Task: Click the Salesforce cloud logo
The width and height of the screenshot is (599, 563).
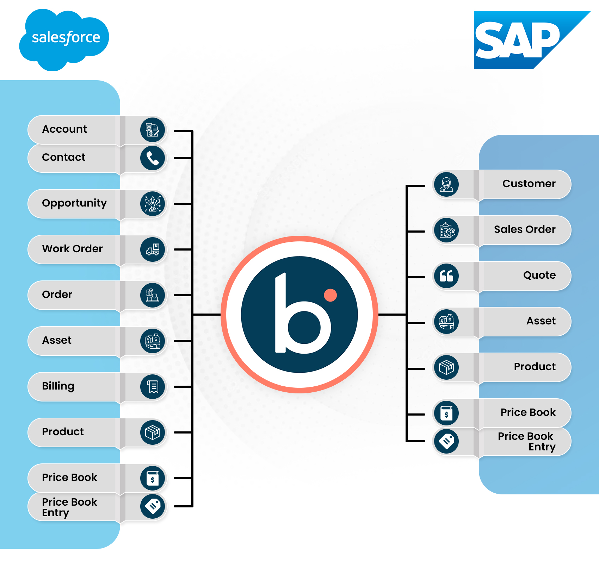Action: [x=64, y=39]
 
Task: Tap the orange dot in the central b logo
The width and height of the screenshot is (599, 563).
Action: [x=330, y=295]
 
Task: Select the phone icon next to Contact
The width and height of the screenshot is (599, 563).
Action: [x=153, y=158]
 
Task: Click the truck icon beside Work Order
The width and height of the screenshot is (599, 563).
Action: [x=153, y=249]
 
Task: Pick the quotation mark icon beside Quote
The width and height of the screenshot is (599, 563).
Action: [x=446, y=276]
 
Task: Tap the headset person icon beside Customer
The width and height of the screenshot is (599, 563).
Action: [x=446, y=184]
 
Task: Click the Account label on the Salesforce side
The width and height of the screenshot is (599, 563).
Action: [x=64, y=129]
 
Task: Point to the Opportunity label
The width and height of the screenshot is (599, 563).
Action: [x=74, y=203]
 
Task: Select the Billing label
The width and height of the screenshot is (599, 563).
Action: [x=58, y=386]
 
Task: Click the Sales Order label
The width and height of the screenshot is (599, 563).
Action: [x=525, y=229]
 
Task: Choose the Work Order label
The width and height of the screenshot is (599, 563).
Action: [x=72, y=249]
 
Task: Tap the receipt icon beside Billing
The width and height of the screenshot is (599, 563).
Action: [x=153, y=387]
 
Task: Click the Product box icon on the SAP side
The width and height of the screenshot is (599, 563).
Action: [x=446, y=367]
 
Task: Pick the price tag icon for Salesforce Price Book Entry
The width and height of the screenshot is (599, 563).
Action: [x=153, y=506]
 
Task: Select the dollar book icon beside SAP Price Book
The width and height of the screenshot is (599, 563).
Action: [x=446, y=413]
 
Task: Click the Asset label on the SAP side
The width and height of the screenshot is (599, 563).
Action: [x=541, y=321]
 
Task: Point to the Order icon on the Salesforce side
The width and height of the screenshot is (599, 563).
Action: [x=153, y=295]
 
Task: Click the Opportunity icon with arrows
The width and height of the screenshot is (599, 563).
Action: [x=153, y=204]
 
